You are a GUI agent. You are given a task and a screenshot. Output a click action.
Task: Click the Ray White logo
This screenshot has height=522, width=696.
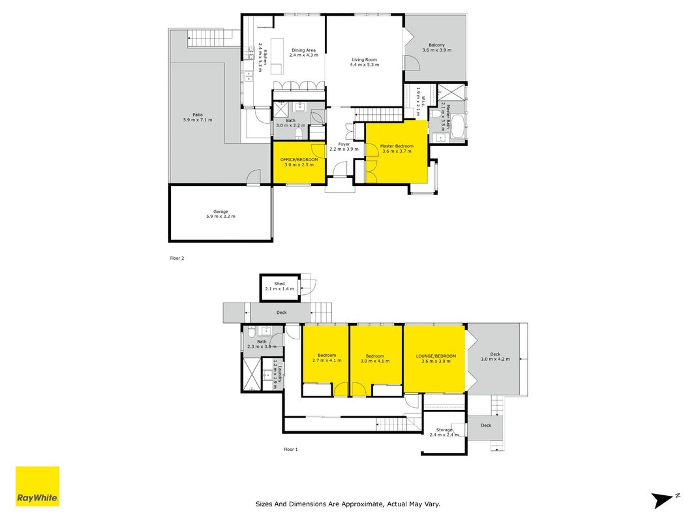(37, 486)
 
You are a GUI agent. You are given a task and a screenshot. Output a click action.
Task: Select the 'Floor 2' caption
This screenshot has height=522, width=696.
(177, 258)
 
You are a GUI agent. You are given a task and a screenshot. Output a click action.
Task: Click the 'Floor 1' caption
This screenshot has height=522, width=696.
(291, 449)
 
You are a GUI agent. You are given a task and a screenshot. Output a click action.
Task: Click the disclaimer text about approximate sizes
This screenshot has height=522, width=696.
(348, 504)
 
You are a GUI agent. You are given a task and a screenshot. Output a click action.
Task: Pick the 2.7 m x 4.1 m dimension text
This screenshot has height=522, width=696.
(327, 360)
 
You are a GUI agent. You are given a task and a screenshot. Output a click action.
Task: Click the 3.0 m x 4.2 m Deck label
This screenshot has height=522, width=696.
(495, 356)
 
